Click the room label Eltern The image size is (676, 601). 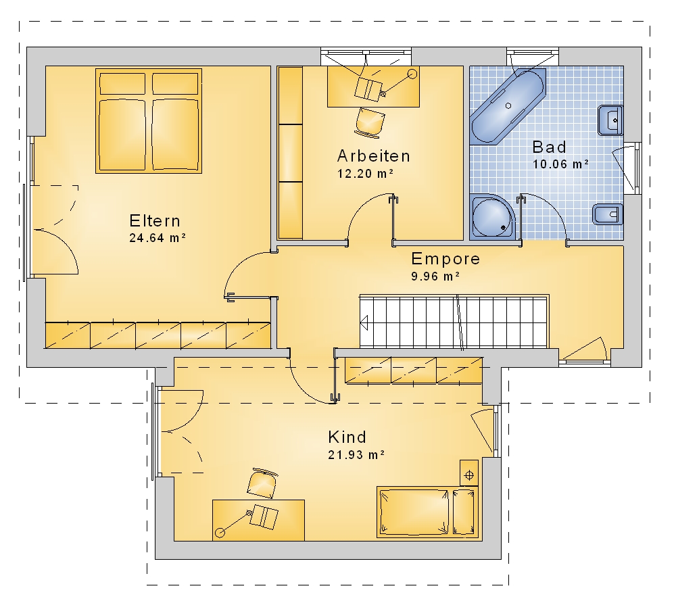click(155, 221)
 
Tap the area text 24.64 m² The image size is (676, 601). click(158, 238)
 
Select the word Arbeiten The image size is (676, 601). click(373, 156)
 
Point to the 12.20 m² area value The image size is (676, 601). click(365, 174)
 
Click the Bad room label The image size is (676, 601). click(549, 147)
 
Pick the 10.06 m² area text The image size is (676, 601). click(561, 164)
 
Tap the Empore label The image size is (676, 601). click(445, 259)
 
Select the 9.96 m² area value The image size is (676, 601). click(435, 277)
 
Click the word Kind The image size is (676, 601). click(347, 437)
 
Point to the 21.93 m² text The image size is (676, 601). click(356, 455)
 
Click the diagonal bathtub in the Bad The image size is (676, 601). click(508, 106)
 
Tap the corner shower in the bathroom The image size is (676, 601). click(493, 216)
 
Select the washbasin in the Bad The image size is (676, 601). click(610, 120)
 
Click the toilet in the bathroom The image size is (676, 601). click(608, 214)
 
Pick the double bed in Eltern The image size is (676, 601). click(149, 121)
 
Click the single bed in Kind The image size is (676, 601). click(428, 512)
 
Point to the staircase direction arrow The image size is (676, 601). click(364, 322)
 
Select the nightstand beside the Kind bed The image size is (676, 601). click(469, 473)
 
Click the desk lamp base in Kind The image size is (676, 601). click(220, 533)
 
